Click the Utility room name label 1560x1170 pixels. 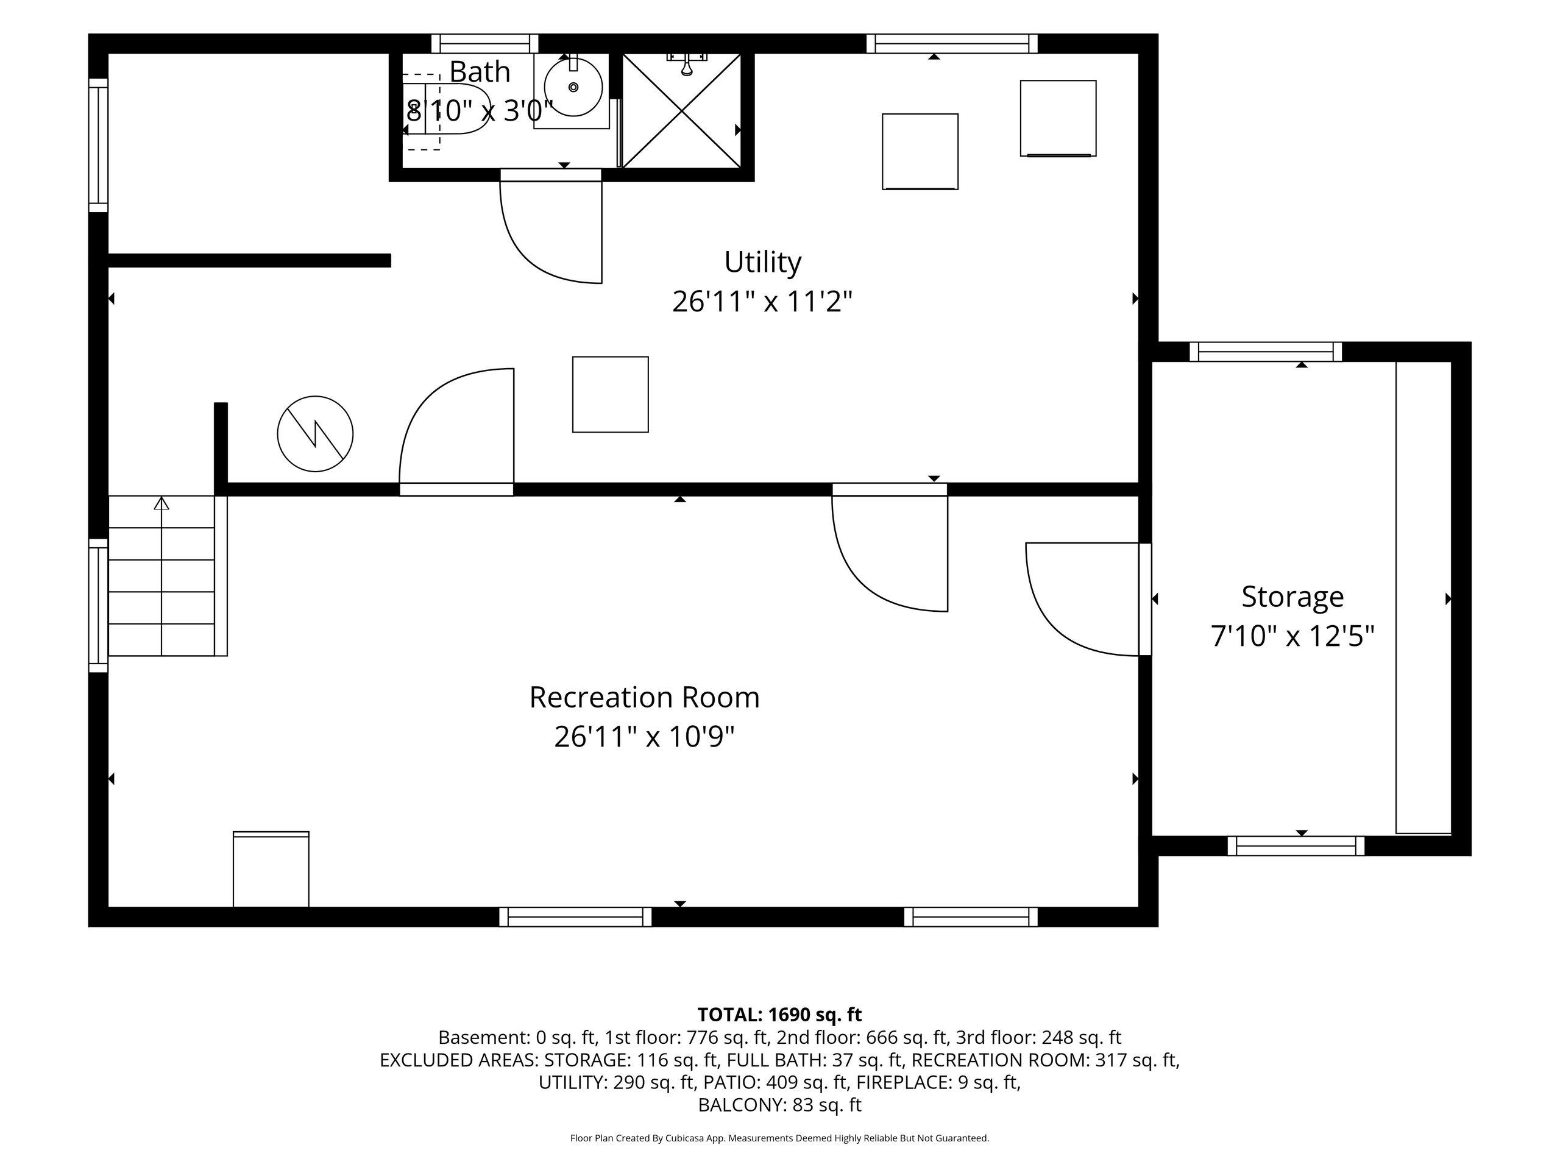pyautogui.click(x=762, y=263)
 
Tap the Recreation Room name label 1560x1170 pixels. pyautogui.click(x=644, y=698)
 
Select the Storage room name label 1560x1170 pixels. pyautogui.click(x=1292, y=597)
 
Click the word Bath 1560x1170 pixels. pyautogui.click(x=480, y=72)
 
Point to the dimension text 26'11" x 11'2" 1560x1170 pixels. pyautogui.click(x=762, y=302)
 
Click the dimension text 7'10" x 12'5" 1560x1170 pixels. pyautogui.click(x=1292, y=637)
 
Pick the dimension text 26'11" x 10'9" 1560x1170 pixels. pyautogui.click(x=644, y=737)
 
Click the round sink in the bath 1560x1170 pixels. pyautogui.click(x=573, y=88)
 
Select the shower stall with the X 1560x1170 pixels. pyautogui.click(x=682, y=111)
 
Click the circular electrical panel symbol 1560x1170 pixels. pyautogui.click(x=315, y=434)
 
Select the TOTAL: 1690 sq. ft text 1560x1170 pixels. pyautogui.click(x=779, y=1015)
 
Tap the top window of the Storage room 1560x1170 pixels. pyautogui.click(x=1266, y=351)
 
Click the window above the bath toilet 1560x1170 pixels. pyautogui.click(x=484, y=44)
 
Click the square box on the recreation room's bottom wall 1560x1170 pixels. pyautogui.click(x=271, y=869)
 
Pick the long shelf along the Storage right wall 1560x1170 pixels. pyautogui.click(x=1423, y=598)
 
